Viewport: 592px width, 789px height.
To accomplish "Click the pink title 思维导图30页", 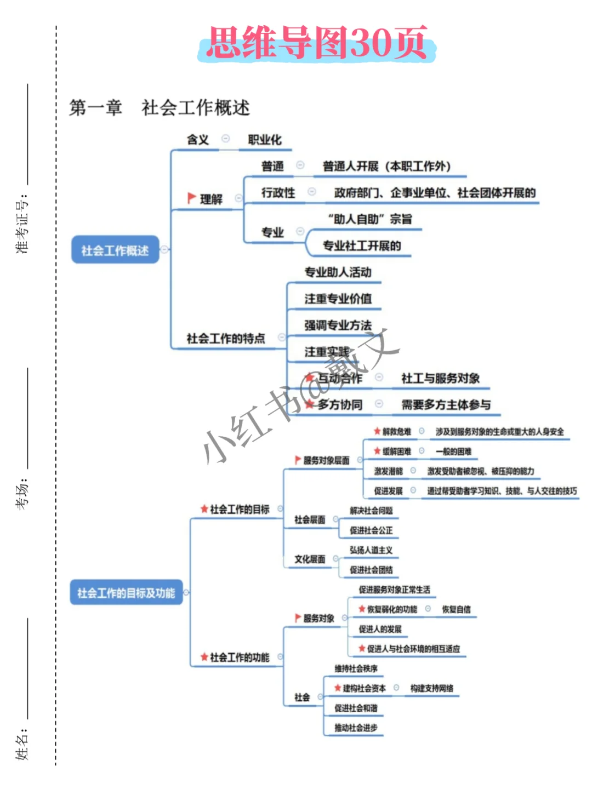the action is pos(317,43).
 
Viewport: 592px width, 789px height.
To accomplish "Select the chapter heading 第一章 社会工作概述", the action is pos(159,107).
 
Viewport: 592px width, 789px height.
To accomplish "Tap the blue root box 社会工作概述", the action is pos(115,250).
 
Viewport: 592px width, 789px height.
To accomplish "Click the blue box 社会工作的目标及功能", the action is pos(126,593).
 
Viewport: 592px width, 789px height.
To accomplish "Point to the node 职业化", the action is pos(265,140).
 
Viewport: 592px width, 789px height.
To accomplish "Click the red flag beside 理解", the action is pos(191,198).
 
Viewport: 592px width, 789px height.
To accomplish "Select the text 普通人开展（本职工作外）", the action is pos(386,166).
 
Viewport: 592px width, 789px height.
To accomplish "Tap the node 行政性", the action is pos(278,193).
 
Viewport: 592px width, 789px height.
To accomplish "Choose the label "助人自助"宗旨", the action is pos(369,219).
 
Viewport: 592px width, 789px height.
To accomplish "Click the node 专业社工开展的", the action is pos(362,246).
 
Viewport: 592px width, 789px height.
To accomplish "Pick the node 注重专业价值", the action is pos(338,299).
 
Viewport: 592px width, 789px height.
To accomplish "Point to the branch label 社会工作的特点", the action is pos(226,339).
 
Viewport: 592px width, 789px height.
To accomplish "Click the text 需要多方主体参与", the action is pos(446,405).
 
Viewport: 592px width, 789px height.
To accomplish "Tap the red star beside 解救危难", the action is pos(377,431).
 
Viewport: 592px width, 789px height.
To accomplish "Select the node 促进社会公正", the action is pos(371,530).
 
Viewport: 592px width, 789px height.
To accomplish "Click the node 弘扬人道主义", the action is pos(371,550).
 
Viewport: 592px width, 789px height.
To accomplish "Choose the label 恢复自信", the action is pos(456,609).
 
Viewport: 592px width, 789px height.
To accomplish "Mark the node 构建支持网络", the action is pos(432,688).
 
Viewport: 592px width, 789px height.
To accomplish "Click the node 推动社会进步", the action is pos(356,728).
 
